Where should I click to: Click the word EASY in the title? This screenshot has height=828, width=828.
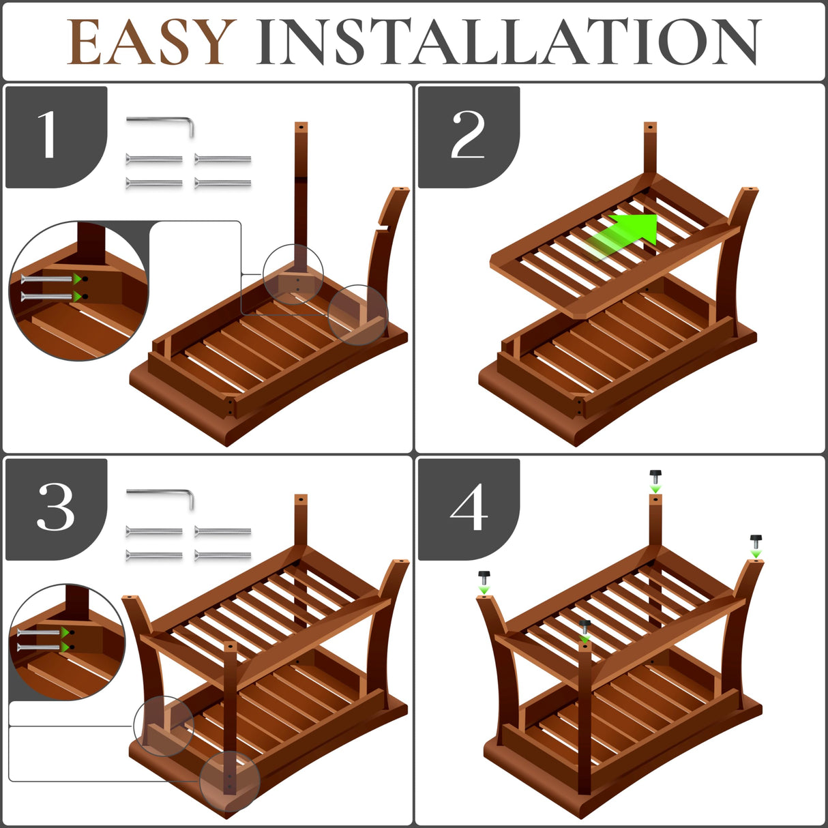pyautogui.click(x=151, y=42)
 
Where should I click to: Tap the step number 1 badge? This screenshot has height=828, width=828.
pyautogui.click(x=57, y=137)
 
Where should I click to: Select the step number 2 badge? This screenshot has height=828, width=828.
pyautogui.click(x=469, y=137)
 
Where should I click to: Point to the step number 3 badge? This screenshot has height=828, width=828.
pyautogui.click(x=57, y=509)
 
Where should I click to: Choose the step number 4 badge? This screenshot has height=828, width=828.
pyautogui.click(x=469, y=509)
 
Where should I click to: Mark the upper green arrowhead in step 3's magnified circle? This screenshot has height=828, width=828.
pyautogui.click(x=65, y=632)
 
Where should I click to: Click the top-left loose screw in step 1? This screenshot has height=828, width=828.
pyautogui.click(x=154, y=160)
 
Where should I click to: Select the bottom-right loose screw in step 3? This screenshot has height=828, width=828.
pyautogui.click(x=222, y=556)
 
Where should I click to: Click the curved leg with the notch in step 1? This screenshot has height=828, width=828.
pyautogui.click(x=385, y=258)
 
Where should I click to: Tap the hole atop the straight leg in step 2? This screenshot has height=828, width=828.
pyautogui.click(x=651, y=127)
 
